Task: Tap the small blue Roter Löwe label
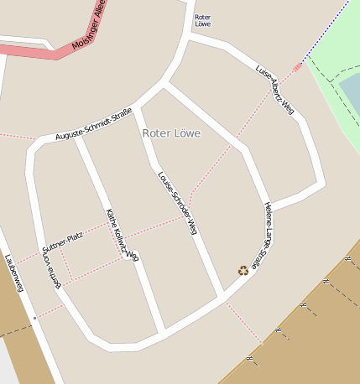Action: click(202, 21)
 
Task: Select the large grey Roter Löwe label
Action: click(171, 133)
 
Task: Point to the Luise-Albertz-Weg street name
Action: click(276, 89)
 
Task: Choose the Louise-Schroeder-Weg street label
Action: click(177, 202)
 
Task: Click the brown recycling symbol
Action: click(243, 270)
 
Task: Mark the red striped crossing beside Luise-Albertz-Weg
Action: click(297, 66)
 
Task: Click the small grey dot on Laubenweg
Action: click(35, 318)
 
